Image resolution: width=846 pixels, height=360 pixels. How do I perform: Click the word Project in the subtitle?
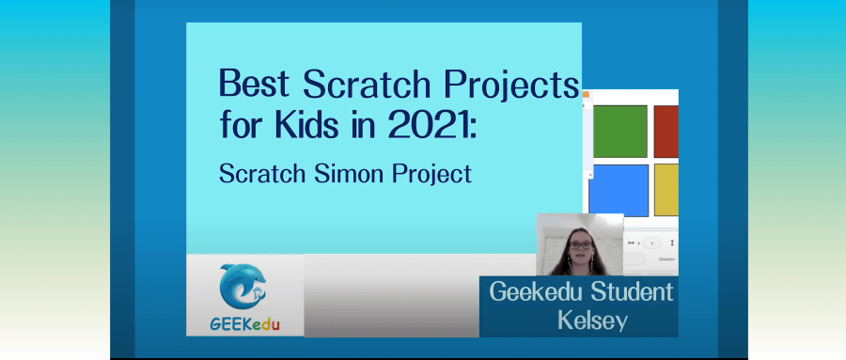pyautogui.click(x=428, y=176)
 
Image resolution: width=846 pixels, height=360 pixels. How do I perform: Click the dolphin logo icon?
pyautogui.click(x=243, y=290)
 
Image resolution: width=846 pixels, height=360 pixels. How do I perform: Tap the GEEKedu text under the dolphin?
pyautogui.click(x=244, y=324)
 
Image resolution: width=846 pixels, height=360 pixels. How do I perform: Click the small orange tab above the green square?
pyautogui.click(x=585, y=94)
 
